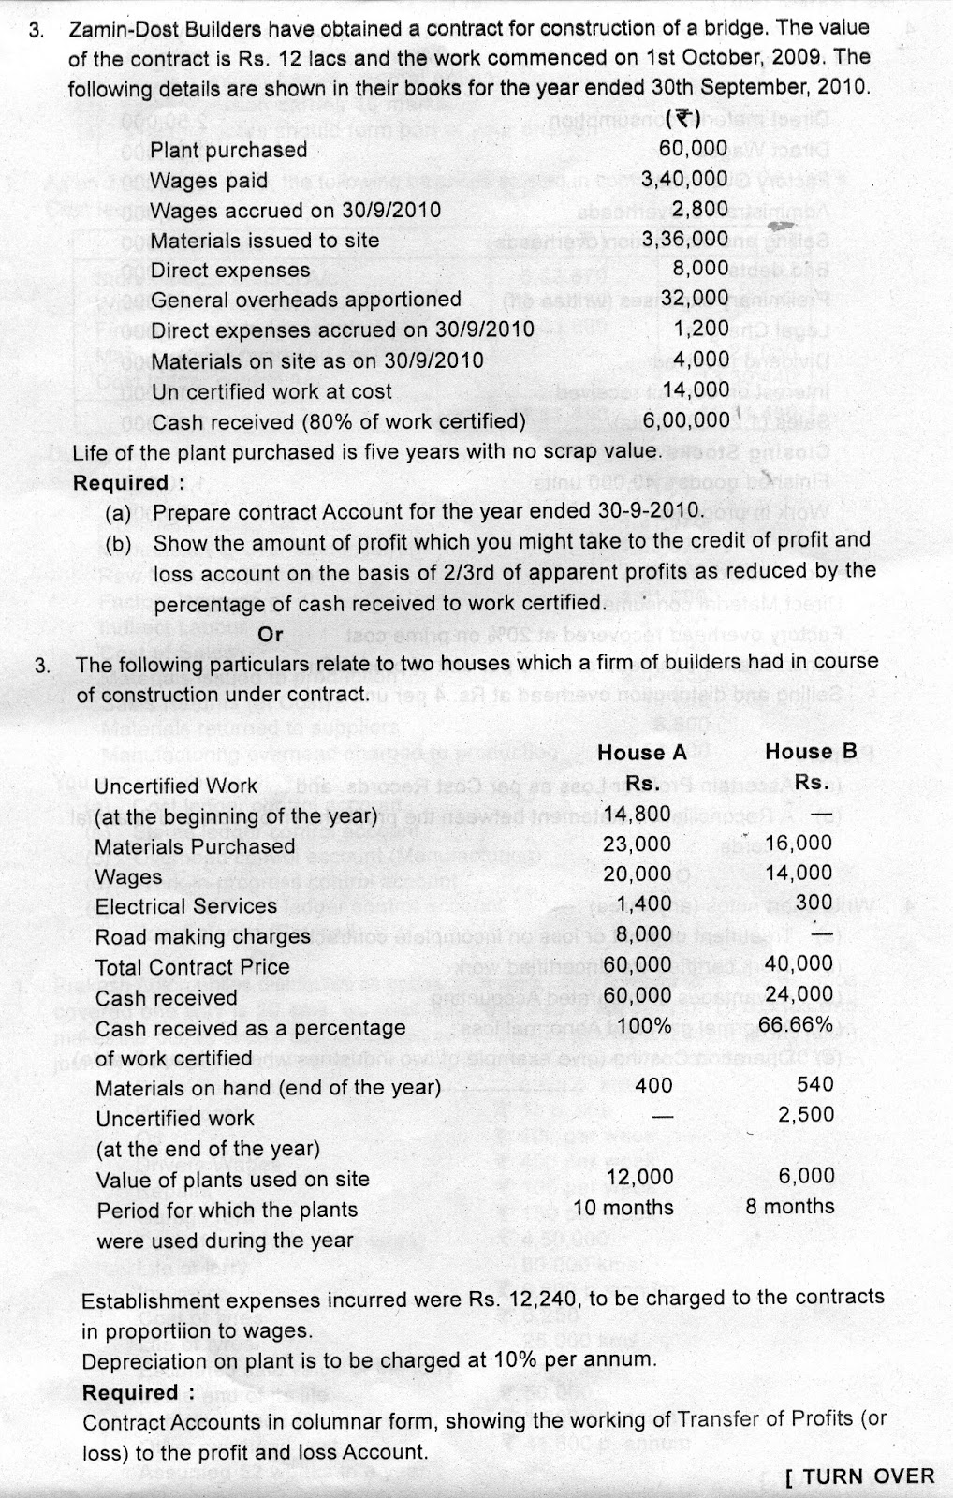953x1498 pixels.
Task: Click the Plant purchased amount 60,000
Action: tap(693, 148)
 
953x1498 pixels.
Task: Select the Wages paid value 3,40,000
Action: tap(684, 179)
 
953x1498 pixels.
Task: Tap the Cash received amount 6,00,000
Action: tap(685, 420)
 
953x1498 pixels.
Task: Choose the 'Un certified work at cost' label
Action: tap(271, 391)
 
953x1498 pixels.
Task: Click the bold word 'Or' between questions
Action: tap(271, 635)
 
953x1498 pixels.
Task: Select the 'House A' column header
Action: tap(642, 753)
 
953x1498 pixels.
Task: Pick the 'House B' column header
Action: tap(811, 752)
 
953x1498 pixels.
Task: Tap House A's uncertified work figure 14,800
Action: tap(638, 813)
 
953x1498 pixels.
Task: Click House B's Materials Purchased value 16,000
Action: tap(799, 844)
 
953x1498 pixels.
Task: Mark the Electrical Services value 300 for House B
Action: tap(815, 902)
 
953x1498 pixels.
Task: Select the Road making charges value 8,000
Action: tap(646, 933)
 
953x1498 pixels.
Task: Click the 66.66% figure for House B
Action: tap(796, 1024)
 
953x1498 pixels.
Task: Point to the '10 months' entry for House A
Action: tap(623, 1208)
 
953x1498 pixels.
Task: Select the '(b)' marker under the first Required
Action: tap(119, 543)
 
